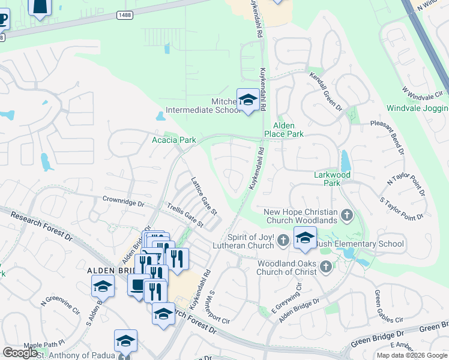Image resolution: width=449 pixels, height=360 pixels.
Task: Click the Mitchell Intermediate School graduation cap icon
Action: tap(247, 100)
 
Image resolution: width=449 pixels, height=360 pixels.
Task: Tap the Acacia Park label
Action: tap(173, 140)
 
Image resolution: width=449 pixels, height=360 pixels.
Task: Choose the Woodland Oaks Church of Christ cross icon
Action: tap(326, 266)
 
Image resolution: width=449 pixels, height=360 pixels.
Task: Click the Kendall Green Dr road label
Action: tap(325, 92)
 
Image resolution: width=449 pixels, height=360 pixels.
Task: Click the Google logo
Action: tap(20, 353)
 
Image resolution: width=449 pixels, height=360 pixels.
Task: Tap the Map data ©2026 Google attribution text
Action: tap(412, 355)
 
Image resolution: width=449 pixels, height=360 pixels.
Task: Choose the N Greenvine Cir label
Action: tap(60, 307)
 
